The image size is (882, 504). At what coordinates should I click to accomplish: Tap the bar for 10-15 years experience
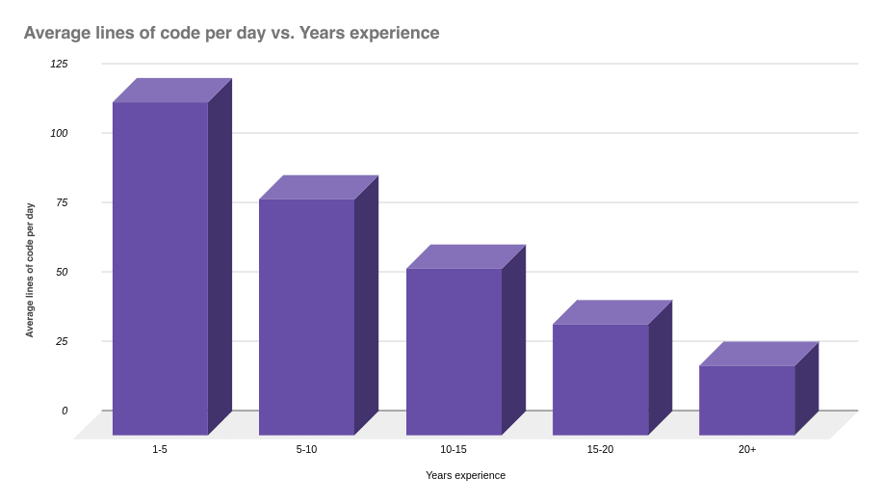pos(454,351)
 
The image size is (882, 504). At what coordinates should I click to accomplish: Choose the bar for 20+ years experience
pos(746,400)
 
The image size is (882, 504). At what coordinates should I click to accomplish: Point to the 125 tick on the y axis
pos(60,64)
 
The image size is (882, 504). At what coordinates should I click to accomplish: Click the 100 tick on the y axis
pos(60,133)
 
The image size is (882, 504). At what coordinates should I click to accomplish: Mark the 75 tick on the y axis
pos(62,202)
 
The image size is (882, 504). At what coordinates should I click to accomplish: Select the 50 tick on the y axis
pos(62,272)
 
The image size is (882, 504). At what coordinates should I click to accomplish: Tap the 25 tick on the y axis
pos(62,341)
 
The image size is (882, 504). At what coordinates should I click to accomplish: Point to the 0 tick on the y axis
pos(65,411)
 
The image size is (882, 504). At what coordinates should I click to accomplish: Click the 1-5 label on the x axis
pos(160,450)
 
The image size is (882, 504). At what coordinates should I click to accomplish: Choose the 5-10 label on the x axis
pos(306,450)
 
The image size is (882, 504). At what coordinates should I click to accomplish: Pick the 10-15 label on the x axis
pos(454,450)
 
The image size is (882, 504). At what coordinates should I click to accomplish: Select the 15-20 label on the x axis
pos(600,450)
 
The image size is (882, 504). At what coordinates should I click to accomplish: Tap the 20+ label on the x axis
pos(746,450)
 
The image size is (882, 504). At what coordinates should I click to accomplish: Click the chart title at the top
pos(231,33)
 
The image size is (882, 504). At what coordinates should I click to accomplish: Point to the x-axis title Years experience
pos(465,475)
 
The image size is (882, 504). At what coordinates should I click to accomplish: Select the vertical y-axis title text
pos(30,270)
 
